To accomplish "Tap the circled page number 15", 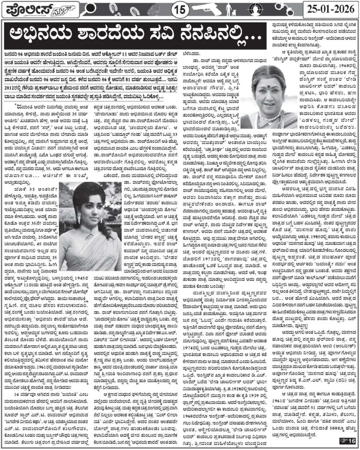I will (x=180, y=9).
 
